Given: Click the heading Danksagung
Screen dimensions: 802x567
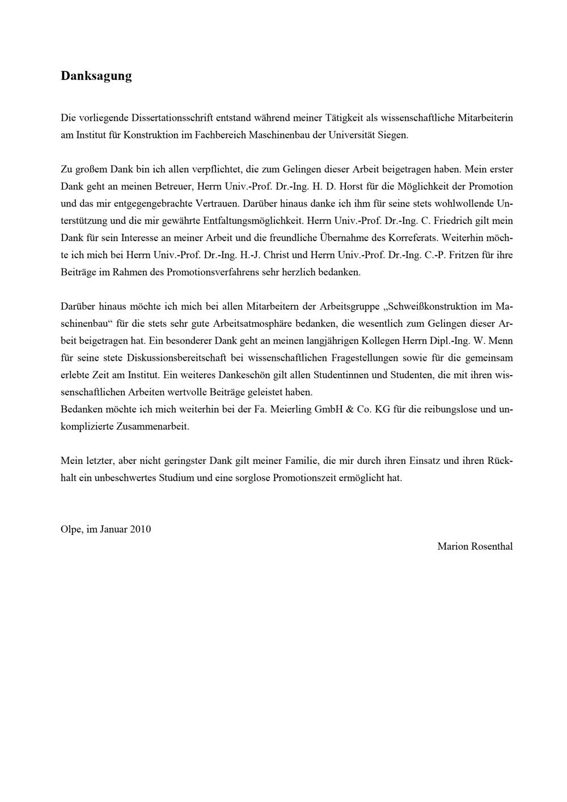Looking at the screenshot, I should coord(96,76).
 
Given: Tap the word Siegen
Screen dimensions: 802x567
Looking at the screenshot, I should coord(392,135).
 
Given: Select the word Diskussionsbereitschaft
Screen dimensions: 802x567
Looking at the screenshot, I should coord(176,358).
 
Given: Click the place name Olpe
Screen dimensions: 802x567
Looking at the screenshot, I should coord(70,529).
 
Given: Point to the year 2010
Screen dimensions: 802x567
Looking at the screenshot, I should coord(140,529).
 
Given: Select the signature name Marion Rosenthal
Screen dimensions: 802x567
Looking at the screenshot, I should coord(475,546).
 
